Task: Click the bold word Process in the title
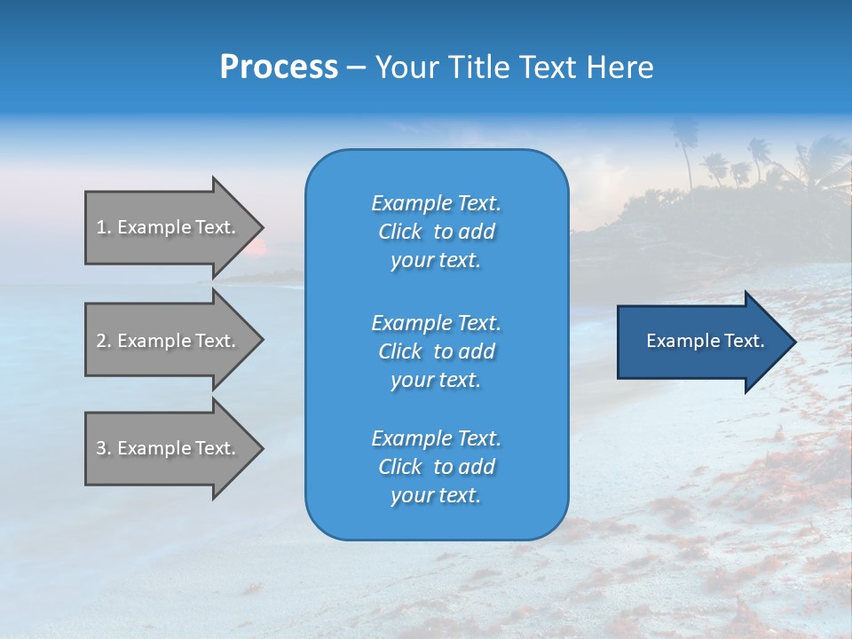click(279, 67)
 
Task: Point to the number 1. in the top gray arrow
click(104, 227)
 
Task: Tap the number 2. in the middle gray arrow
click(104, 341)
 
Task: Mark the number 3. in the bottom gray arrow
click(104, 448)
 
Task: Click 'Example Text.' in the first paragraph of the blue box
click(436, 203)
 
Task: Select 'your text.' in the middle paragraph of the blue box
click(436, 380)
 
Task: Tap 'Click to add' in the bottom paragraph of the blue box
click(436, 467)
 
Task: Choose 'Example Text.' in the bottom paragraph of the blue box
click(436, 438)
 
